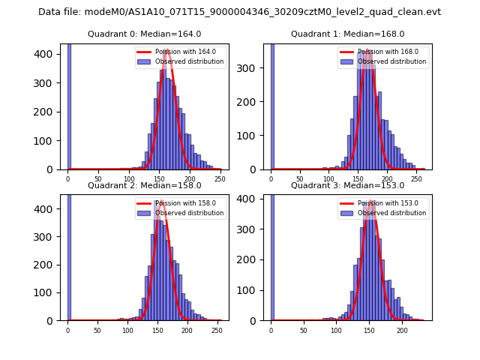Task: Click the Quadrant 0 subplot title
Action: [144, 34]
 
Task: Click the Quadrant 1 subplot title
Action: [347, 34]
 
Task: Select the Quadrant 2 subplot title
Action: [144, 185]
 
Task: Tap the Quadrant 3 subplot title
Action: [347, 185]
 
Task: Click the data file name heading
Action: [240, 12]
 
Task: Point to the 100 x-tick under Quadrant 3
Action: [337, 330]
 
